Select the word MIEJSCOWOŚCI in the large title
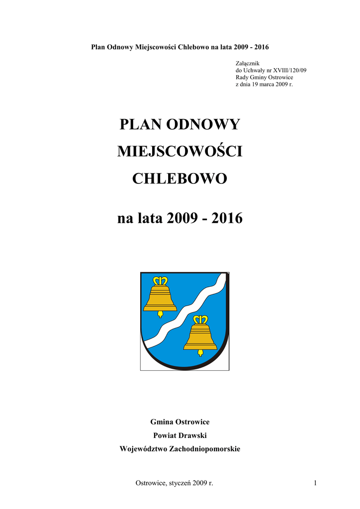tap(180, 151)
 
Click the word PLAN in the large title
tap(136, 124)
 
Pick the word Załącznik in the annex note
tap(247, 63)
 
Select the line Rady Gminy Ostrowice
tap(264, 77)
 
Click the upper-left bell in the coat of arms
tap(160, 297)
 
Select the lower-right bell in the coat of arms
tap(200, 336)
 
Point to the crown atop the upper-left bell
tap(160, 280)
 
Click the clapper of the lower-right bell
tap(200, 353)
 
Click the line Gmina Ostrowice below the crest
tap(180, 422)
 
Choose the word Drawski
tap(193, 435)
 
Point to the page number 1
tap(315, 483)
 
